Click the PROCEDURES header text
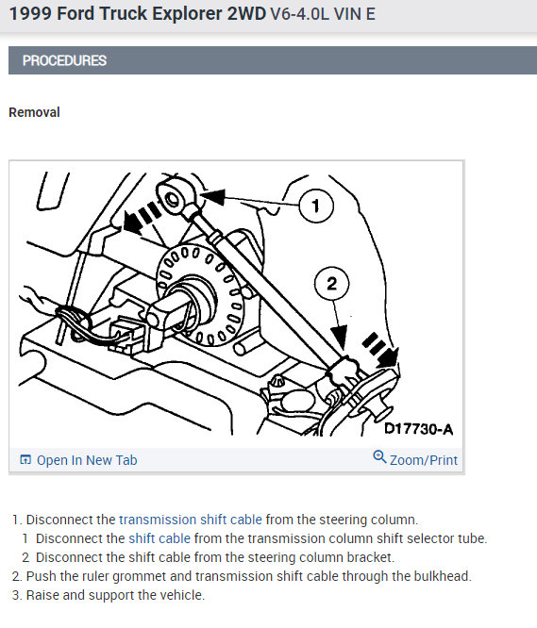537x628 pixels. click(x=64, y=60)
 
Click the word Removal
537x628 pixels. click(x=35, y=112)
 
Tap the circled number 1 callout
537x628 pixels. click(x=316, y=206)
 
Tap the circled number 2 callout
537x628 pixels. click(x=331, y=284)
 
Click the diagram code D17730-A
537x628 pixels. click(x=418, y=429)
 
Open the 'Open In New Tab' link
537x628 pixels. click(x=87, y=460)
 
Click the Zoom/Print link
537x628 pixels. click(x=424, y=460)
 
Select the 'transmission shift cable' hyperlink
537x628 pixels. click(x=191, y=520)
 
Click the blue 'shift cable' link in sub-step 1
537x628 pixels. click(x=159, y=538)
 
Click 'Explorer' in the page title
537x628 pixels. click(x=189, y=14)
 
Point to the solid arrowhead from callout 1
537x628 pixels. click(x=212, y=196)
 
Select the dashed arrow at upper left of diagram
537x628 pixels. click(x=142, y=217)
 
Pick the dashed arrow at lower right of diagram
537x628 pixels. click(x=380, y=349)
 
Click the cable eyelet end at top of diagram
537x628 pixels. click(x=176, y=196)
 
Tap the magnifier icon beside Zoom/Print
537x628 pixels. click(x=379, y=457)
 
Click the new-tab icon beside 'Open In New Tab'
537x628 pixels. click(x=25, y=460)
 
